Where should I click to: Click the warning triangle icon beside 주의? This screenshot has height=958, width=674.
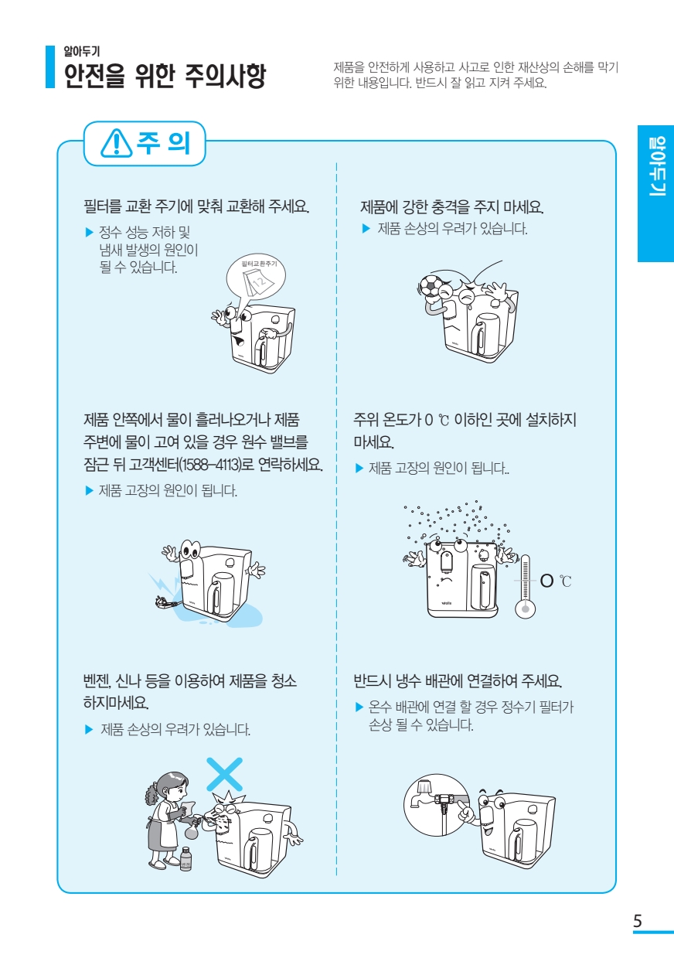tap(116, 143)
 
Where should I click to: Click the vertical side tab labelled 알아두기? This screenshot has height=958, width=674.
tap(656, 193)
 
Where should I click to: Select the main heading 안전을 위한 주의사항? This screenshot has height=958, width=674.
tap(164, 76)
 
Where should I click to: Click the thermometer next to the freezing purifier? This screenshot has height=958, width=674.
tap(525, 586)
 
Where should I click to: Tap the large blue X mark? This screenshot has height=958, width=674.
tap(224, 775)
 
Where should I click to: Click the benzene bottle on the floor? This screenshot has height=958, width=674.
tap(186, 858)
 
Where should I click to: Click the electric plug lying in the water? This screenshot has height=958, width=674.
tap(166, 602)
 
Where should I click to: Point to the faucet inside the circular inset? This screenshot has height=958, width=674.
tap(420, 794)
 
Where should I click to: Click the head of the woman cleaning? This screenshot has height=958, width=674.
tap(172, 785)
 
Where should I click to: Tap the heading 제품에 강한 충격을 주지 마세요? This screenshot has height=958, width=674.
tap(451, 207)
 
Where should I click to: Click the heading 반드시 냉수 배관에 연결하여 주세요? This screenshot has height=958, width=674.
tap(458, 681)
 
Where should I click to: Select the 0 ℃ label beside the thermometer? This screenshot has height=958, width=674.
tap(556, 581)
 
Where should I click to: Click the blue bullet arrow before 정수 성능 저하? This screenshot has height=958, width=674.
tap(90, 233)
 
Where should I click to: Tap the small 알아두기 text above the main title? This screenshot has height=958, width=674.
tap(82, 52)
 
